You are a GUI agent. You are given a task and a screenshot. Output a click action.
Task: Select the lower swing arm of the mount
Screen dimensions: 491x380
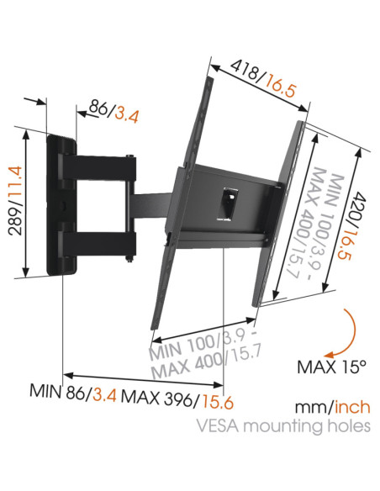[105, 245]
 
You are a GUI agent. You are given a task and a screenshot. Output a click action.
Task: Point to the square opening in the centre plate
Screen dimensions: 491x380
[228, 201]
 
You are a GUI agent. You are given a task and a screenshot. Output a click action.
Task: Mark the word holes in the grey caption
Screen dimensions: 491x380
[348, 425]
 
